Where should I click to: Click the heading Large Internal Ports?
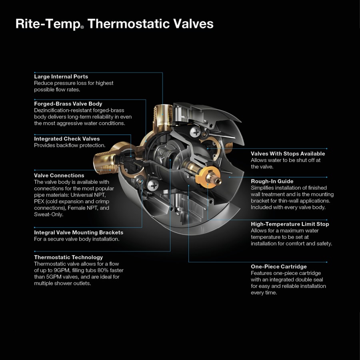point(61,76)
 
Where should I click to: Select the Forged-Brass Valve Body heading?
point(68,104)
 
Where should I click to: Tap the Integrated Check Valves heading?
point(67,139)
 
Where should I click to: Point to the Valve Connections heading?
point(59,175)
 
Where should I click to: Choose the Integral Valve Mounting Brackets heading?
point(78,232)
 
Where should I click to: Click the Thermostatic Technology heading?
point(68,257)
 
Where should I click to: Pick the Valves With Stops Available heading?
point(288,154)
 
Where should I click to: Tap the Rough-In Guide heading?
point(272,181)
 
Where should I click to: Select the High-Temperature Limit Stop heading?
point(290,224)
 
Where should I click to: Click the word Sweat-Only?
point(48,214)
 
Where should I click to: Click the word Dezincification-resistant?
point(62,110)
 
